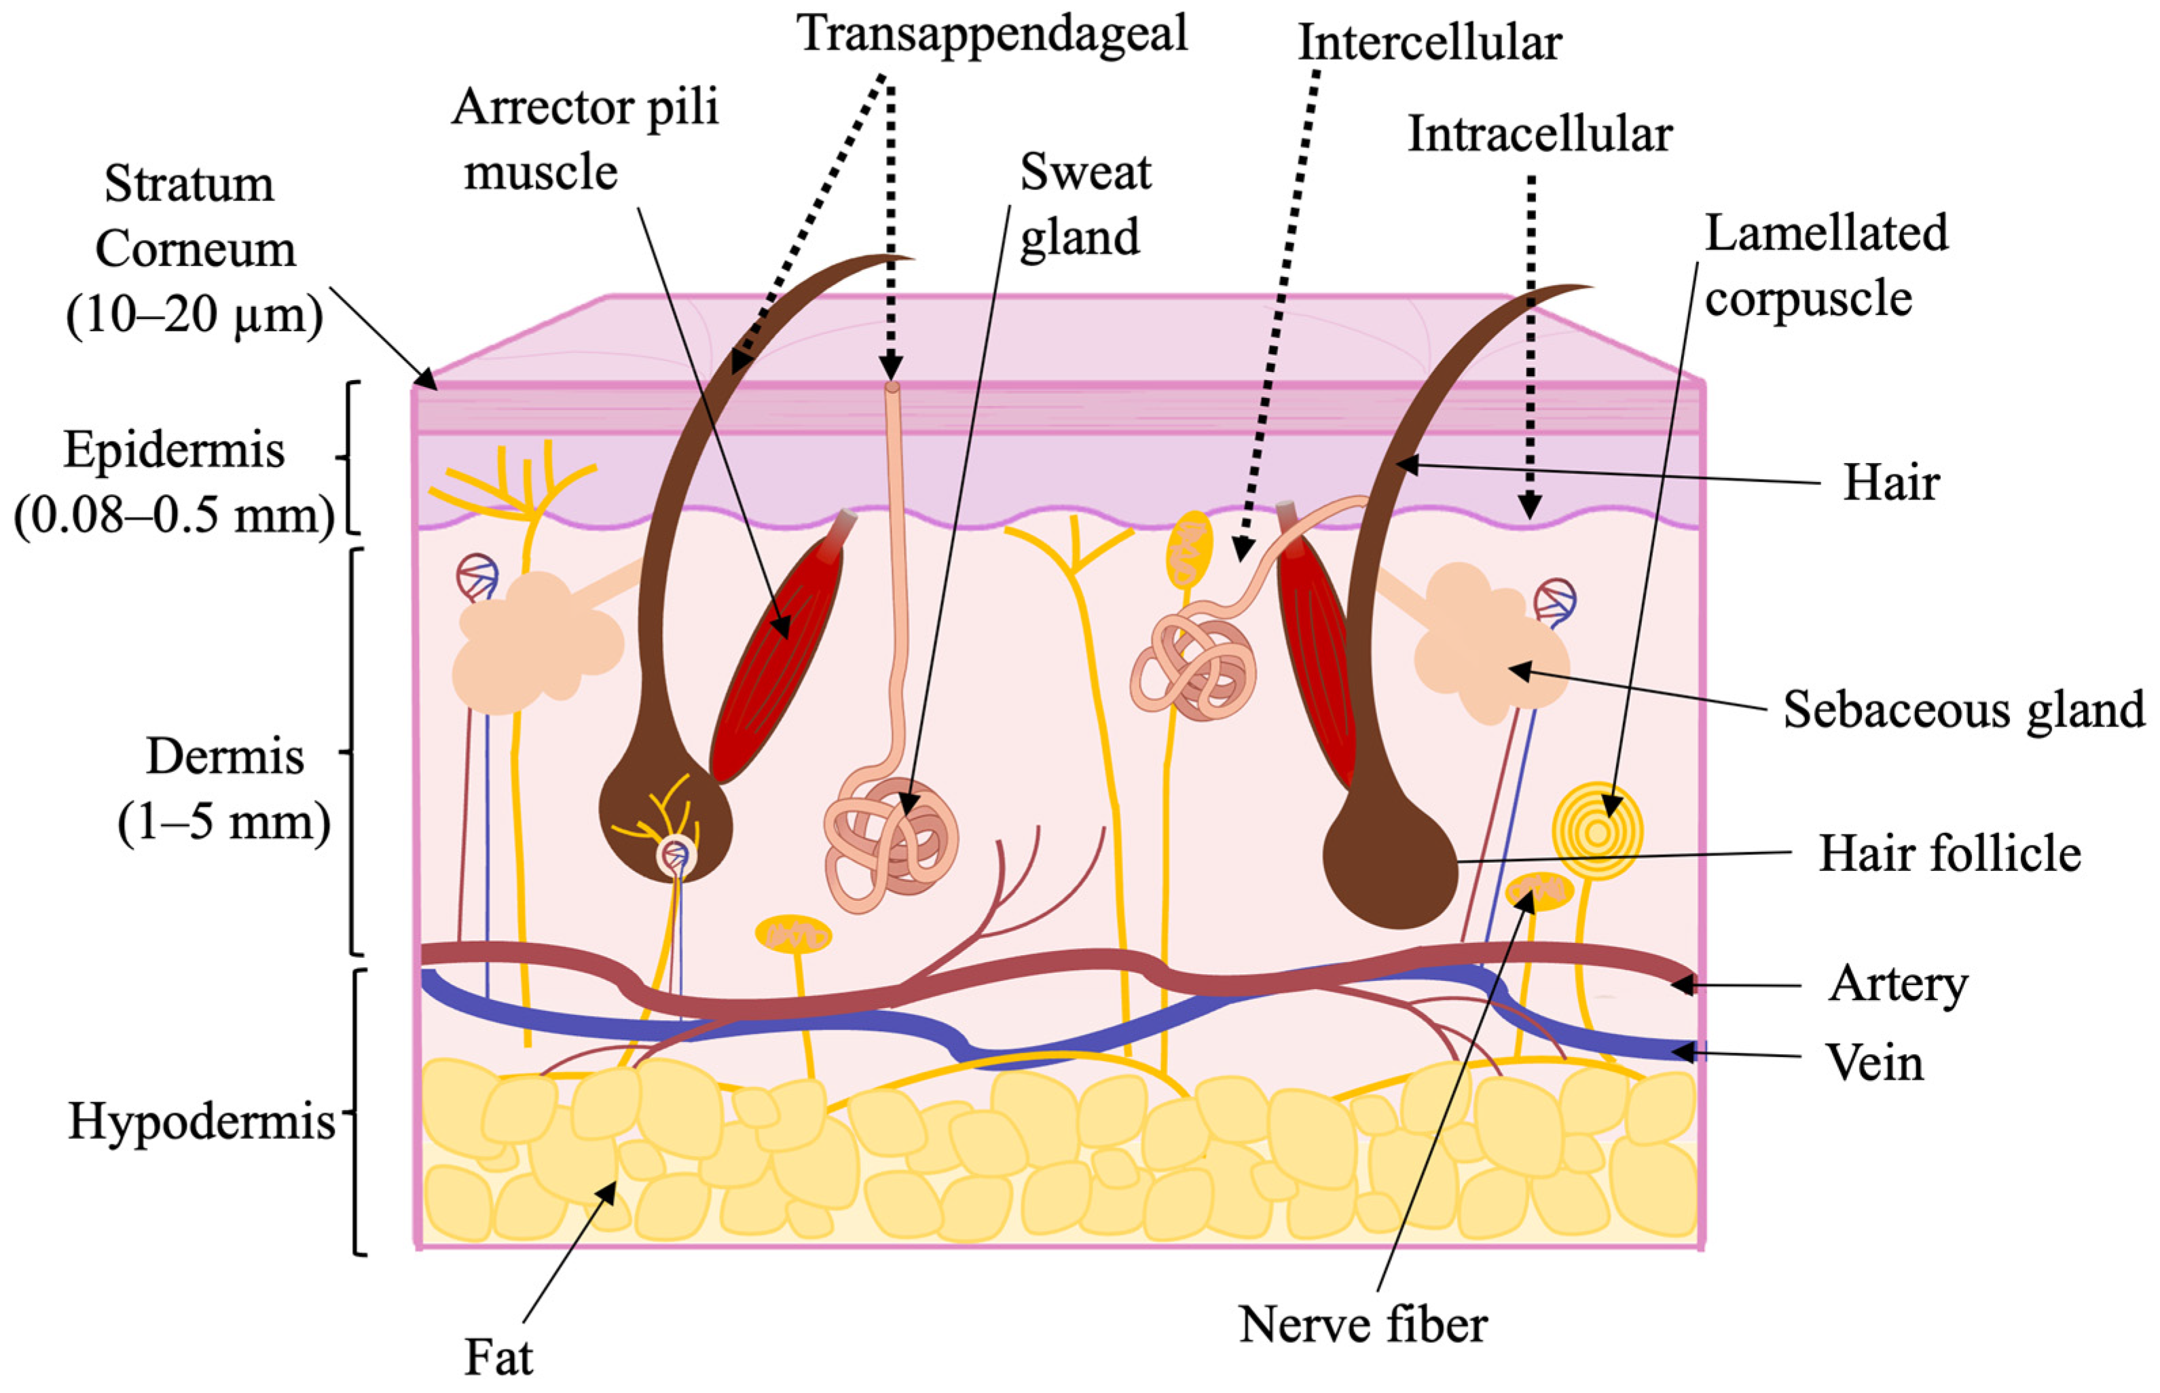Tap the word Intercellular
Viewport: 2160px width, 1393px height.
point(1429,43)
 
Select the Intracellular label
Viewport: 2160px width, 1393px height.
point(1539,136)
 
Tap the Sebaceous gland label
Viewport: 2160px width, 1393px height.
point(1963,710)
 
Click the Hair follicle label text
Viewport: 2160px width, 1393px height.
point(1950,854)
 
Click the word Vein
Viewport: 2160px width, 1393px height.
point(1874,1063)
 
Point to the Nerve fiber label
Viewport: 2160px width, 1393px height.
point(1362,1325)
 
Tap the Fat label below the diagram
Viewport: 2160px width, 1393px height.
point(498,1358)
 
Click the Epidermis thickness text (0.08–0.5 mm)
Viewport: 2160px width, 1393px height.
point(174,516)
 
